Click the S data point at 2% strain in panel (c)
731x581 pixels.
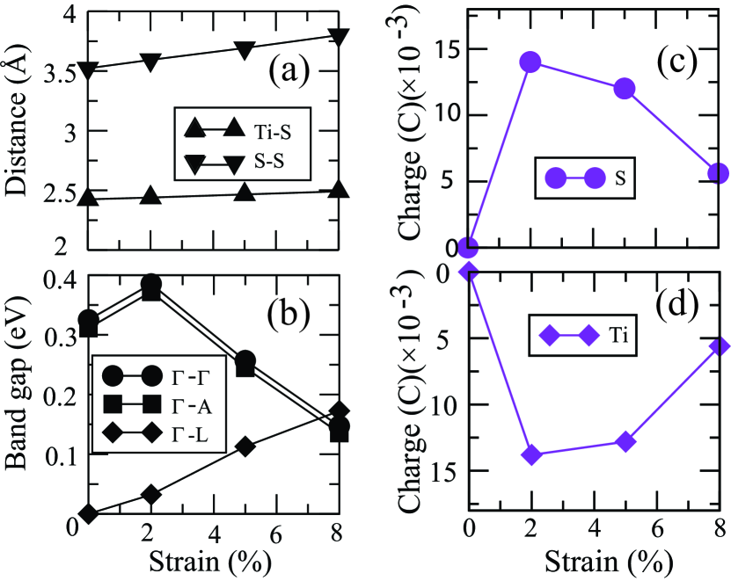pos(530,62)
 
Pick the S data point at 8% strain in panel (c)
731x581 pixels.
pos(719,173)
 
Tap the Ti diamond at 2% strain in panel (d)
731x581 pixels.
pos(530,454)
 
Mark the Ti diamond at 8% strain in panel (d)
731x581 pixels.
pos(719,346)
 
